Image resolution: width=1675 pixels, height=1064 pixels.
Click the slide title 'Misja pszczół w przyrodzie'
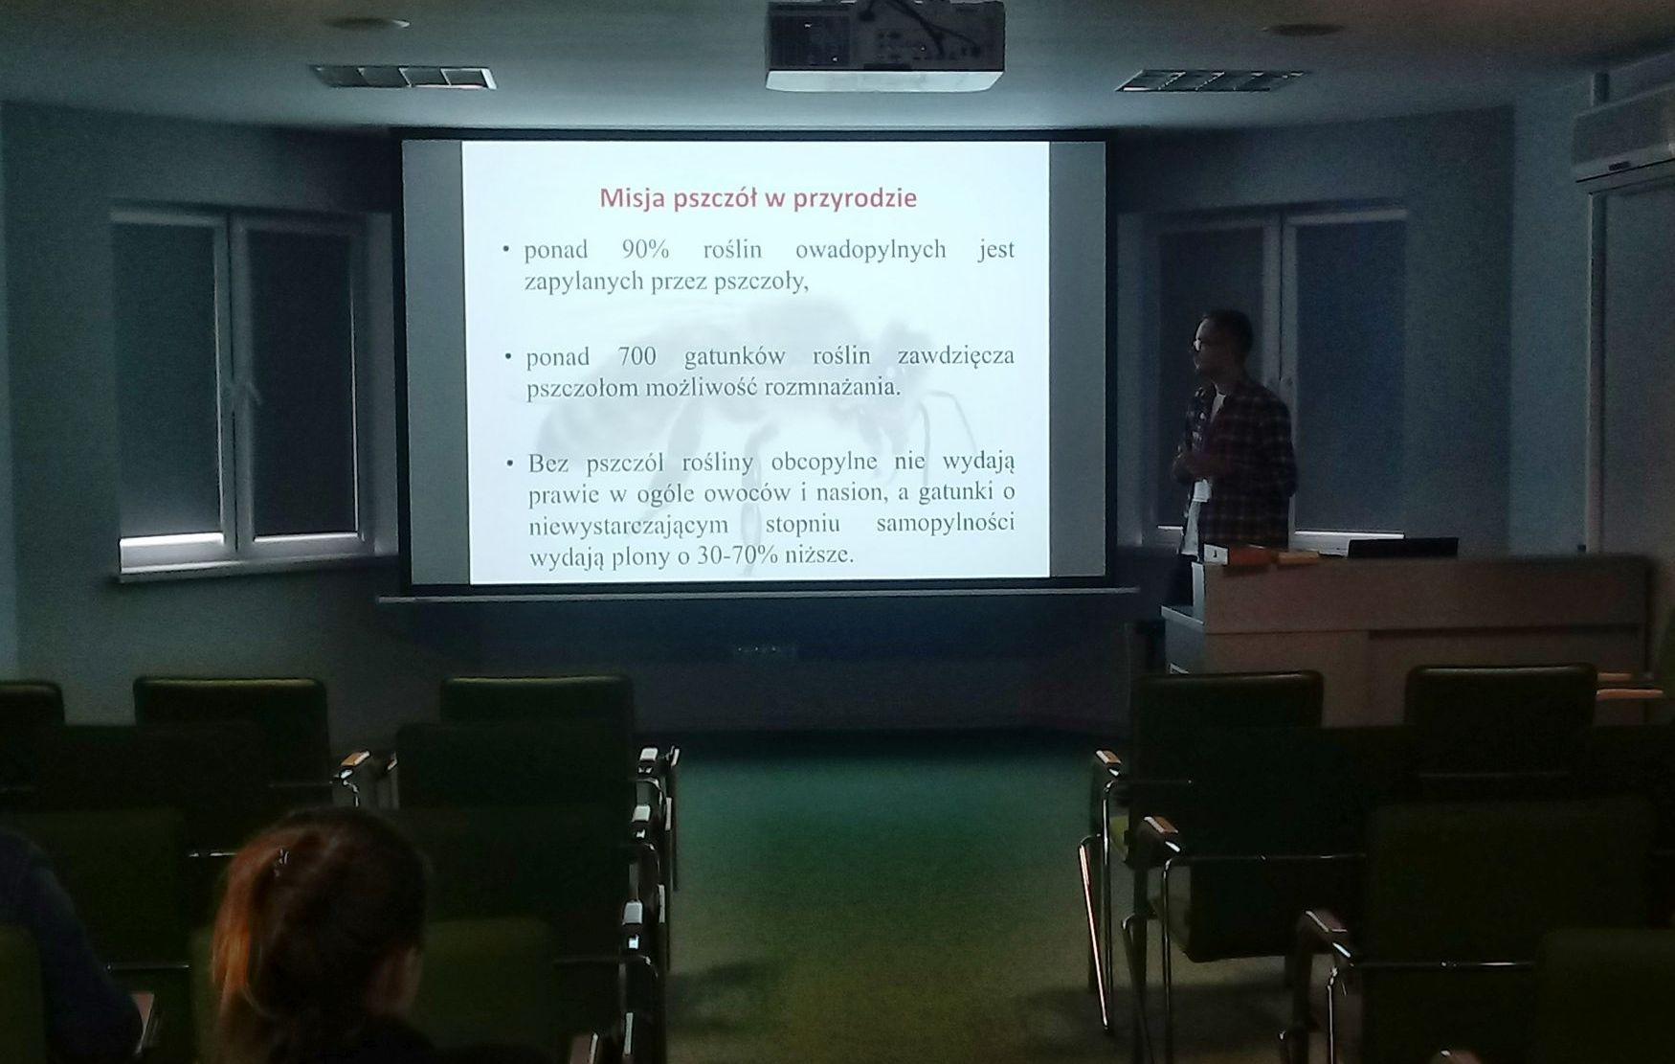(758, 198)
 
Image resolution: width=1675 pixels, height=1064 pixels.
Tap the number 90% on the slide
(645, 250)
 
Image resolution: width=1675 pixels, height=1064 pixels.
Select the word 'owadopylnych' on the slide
(871, 251)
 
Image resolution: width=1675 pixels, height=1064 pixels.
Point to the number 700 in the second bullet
(637, 356)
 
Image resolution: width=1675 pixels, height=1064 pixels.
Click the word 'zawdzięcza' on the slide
(955, 356)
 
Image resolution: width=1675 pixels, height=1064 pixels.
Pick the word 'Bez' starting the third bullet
(548, 463)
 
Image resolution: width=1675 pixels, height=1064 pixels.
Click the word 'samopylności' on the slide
(945, 525)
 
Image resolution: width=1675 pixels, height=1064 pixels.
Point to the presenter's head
(1222, 342)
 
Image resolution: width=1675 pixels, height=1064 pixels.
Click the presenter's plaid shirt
(1239, 460)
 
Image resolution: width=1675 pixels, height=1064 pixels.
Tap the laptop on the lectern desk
(1402, 547)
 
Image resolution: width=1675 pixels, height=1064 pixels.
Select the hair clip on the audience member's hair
(281, 863)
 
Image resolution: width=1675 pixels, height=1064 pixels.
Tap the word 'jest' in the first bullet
(995, 250)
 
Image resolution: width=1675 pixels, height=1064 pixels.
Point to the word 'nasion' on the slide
(874, 494)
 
